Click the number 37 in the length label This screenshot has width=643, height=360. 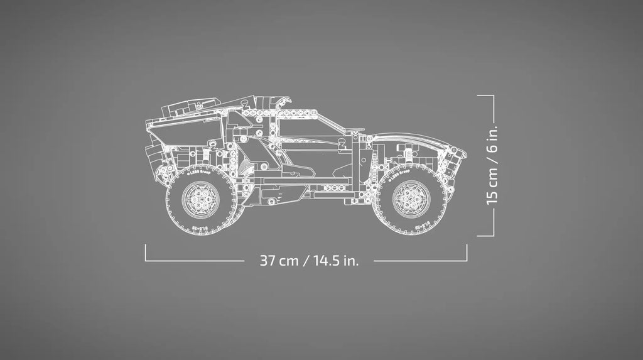[x=269, y=261]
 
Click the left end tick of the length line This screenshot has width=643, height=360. [x=146, y=252]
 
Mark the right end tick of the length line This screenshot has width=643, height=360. [x=467, y=252]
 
